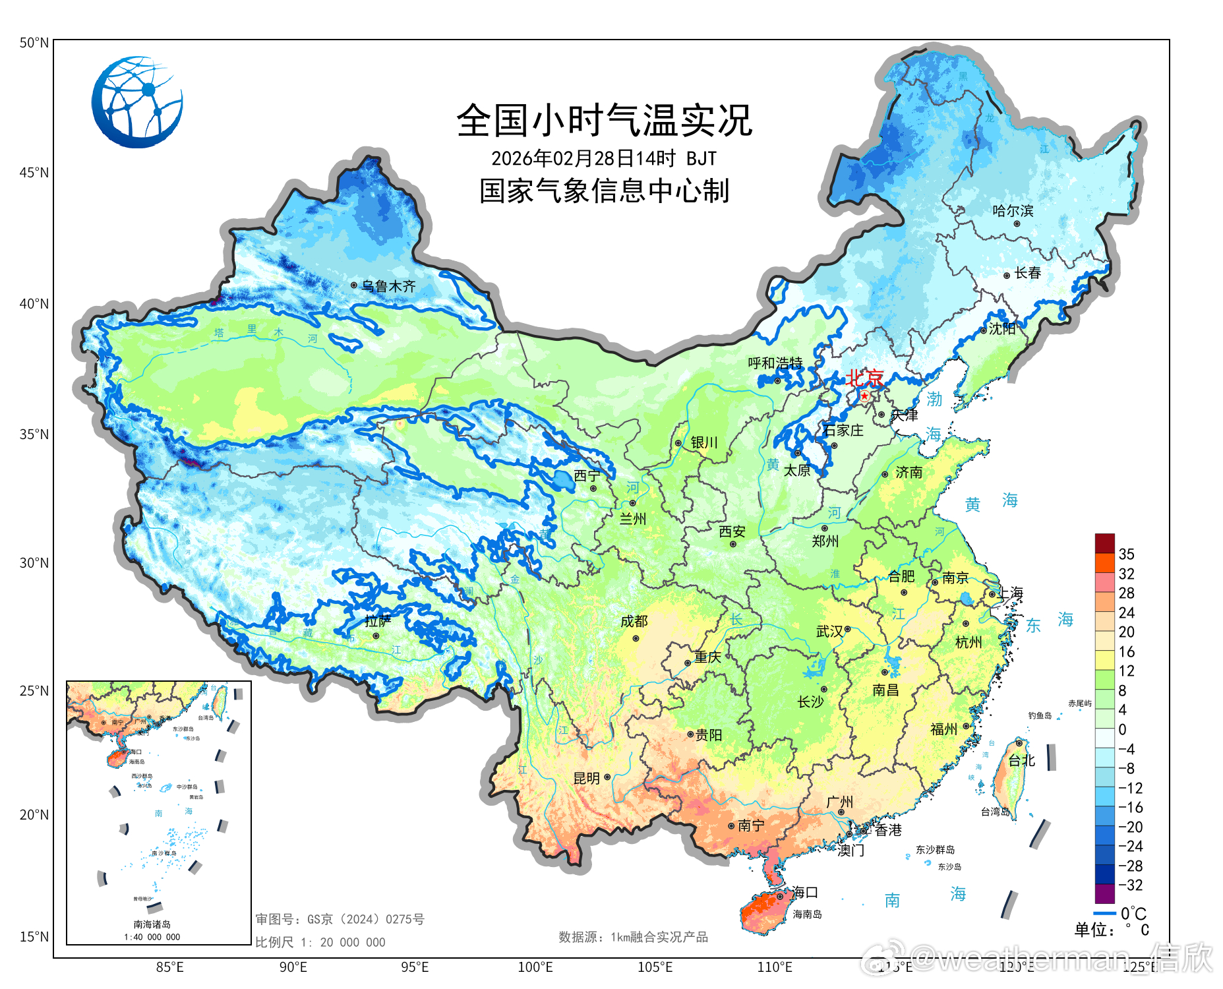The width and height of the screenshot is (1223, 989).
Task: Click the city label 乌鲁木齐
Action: (x=388, y=286)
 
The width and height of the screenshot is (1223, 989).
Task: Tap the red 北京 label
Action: (x=864, y=378)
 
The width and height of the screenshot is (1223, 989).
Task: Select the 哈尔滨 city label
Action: (x=1013, y=211)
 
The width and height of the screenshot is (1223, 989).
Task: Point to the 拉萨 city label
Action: (x=377, y=621)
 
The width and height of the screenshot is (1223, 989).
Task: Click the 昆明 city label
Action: (x=586, y=778)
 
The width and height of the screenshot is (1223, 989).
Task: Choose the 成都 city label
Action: (x=634, y=621)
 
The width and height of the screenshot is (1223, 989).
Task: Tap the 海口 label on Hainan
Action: (x=804, y=892)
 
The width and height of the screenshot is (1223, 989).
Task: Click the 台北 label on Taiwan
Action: (x=1021, y=760)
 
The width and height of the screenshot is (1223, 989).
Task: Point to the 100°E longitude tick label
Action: (x=535, y=967)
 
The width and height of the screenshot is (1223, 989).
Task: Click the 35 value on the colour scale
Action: (x=1126, y=554)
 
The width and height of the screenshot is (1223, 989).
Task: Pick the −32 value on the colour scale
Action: (x=1130, y=885)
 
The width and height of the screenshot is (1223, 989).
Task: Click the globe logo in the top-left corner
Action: (x=137, y=102)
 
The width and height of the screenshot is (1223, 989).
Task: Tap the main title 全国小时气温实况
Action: (x=604, y=121)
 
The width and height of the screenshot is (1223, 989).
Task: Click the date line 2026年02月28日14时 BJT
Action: (x=603, y=158)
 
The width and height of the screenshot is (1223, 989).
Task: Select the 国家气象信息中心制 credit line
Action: (x=604, y=191)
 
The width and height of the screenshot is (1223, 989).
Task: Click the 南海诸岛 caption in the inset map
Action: (x=152, y=924)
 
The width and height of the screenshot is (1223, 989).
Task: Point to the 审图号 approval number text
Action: (x=340, y=919)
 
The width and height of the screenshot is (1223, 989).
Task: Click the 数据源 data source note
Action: (x=632, y=937)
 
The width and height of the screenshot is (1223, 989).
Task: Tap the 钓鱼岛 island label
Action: (x=1040, y=715)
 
